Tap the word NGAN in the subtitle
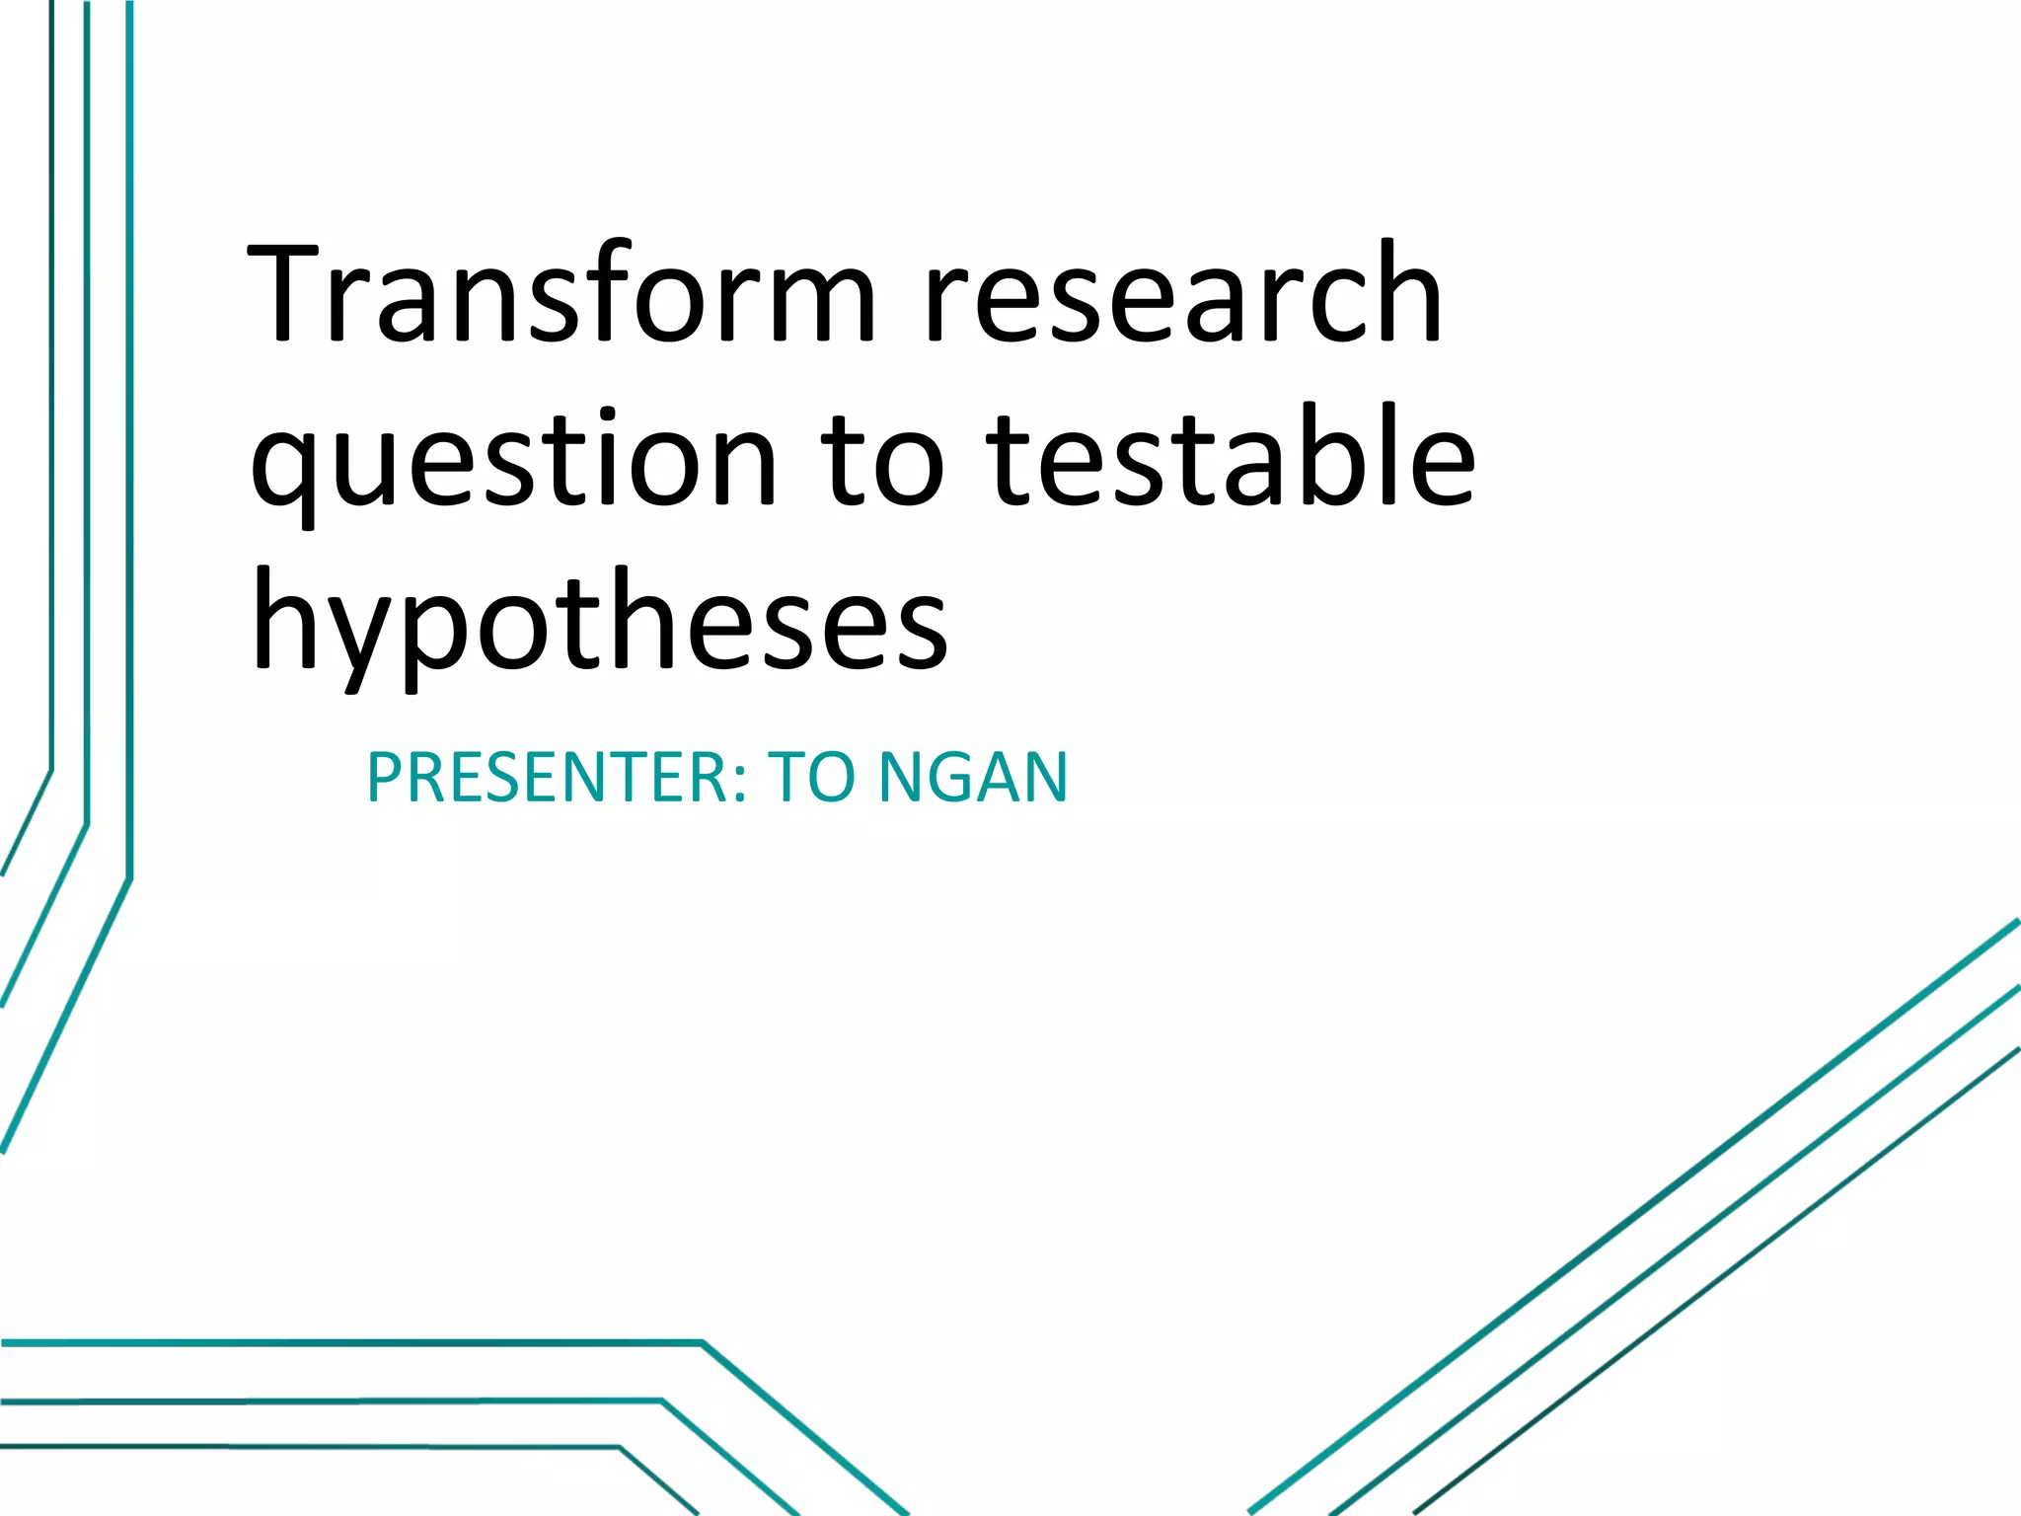click(x=973, y=778)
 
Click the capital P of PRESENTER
click(x=384, y=778)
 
